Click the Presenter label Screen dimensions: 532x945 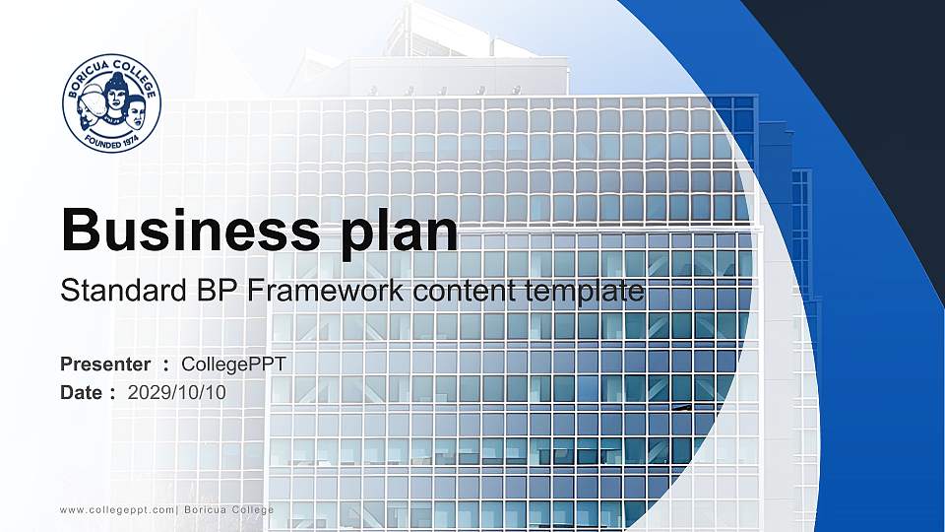[105, 365]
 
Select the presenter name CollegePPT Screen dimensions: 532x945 [234, 365]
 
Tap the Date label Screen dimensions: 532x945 [81, 392]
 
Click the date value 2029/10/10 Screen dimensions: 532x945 [177, 392]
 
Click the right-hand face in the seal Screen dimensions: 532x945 [135, 111]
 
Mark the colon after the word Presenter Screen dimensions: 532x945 [166, 366]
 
